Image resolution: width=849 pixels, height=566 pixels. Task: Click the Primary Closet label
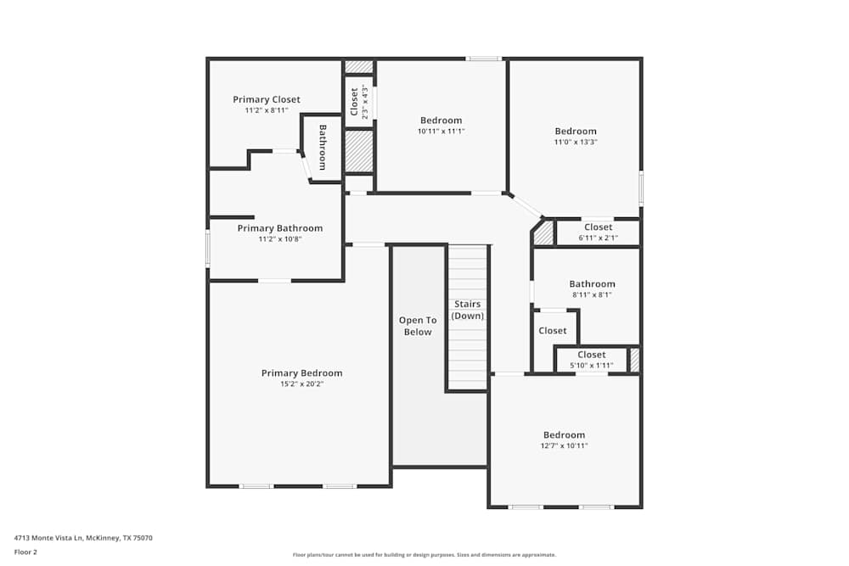click(267, 99)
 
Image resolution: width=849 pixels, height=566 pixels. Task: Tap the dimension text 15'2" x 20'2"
click(301, 384)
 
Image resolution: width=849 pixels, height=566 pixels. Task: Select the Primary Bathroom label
click(279, 228)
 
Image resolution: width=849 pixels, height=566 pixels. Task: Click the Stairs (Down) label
click(467, 310)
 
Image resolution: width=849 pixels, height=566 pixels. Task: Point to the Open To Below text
click(418, 326)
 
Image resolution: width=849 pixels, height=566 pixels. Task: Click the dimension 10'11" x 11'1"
click(441, 132)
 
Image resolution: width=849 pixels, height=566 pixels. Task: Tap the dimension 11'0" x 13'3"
click(576, 143)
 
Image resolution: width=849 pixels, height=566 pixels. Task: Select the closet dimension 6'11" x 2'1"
click(598, 238)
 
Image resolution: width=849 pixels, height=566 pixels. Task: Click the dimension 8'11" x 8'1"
click(592, 295)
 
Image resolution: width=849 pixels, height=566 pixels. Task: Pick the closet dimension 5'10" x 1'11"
click(591, 365)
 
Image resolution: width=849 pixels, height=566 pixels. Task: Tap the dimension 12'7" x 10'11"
click(564, 446)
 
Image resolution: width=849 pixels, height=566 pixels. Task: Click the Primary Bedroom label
click(301, 373)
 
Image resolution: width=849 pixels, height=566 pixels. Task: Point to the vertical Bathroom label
click(323, 147)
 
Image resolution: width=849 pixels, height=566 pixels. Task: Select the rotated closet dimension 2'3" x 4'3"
click(365, 102)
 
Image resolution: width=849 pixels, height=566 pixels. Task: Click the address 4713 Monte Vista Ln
click(83, 537)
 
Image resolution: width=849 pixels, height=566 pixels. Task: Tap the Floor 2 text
click(25, 552)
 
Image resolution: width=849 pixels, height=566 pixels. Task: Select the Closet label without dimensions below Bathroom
click(553, 331)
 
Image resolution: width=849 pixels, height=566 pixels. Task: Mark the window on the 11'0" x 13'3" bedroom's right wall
click(641, 188)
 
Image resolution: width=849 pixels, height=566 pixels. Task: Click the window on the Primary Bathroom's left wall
click(208, 249)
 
